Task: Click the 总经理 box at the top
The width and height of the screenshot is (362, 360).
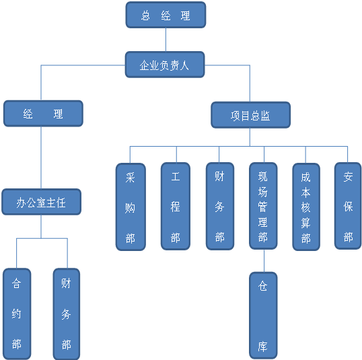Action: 166,15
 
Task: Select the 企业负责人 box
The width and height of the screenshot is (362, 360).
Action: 165,65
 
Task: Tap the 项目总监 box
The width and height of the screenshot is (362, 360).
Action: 251,115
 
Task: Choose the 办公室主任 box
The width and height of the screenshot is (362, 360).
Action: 41,202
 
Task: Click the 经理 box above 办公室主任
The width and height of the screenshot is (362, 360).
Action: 43,113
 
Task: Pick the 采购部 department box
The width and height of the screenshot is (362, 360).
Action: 131,207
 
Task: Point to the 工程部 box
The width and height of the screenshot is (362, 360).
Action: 176,206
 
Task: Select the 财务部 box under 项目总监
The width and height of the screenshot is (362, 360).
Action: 220,206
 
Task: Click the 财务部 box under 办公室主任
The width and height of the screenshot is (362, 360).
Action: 67,314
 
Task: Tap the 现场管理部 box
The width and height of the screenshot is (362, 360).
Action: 263,206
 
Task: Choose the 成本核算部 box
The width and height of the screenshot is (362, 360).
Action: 306,207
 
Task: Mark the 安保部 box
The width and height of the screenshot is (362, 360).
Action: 348,206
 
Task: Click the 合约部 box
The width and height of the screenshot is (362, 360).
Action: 17,314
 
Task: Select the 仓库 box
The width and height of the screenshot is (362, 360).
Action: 263,316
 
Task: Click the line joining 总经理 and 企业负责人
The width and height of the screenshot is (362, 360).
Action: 166,40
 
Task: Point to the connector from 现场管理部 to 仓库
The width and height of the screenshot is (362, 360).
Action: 264,260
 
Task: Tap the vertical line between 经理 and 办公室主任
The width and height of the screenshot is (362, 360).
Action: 41,157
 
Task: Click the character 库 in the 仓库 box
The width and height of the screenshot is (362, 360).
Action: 262,347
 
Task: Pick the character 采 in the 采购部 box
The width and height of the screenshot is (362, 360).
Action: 131,178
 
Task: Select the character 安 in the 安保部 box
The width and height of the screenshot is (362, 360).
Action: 348,177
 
